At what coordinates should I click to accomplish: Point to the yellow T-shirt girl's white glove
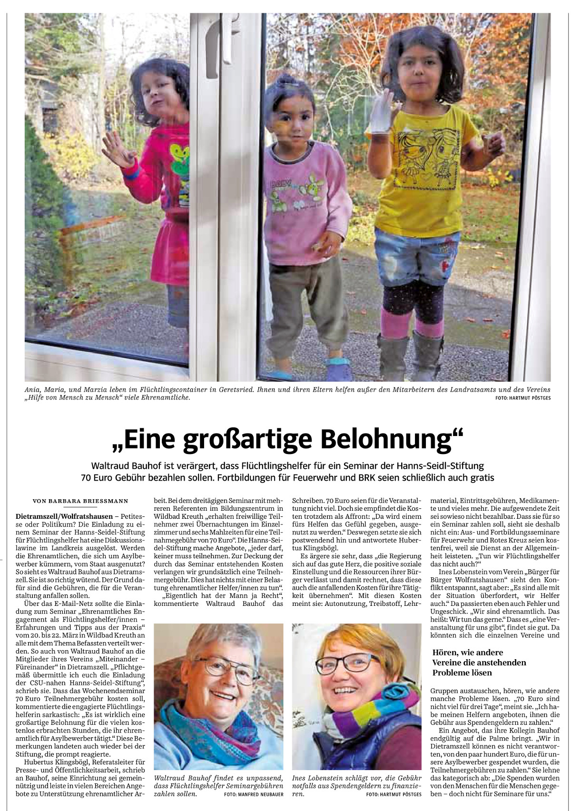[x=378, y=116]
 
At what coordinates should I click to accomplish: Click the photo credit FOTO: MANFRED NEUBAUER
[x=253, y=794]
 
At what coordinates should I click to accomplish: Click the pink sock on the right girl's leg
[x=395, y=324]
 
